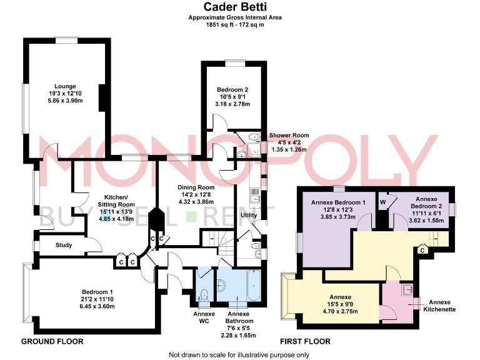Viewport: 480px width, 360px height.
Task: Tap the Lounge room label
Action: tap(65, 86)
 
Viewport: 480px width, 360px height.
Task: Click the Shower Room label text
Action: tap(289, 136)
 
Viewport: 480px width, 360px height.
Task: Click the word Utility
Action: tap(249, 215)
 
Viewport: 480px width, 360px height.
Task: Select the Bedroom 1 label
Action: tap(97, 291)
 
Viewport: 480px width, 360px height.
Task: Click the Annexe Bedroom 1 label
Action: tap(337, 202)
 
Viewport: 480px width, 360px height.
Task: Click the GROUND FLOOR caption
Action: tap(52, 342)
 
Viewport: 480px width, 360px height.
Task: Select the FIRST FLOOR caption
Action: tap(306, 342)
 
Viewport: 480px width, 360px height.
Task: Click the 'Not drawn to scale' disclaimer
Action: tap(239, 354)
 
